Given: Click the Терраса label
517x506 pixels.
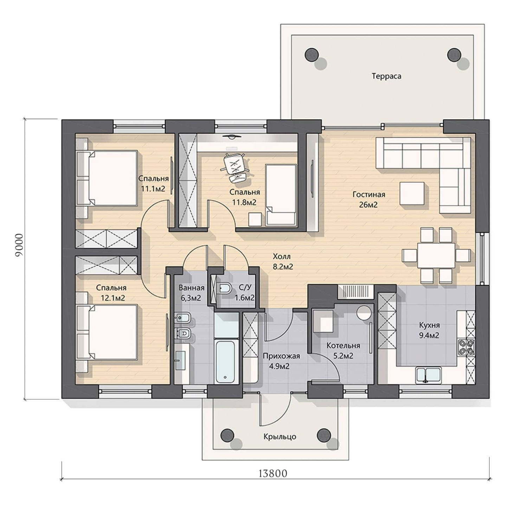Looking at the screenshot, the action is (386, 76).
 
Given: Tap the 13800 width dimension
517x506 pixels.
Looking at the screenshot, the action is (273, 474).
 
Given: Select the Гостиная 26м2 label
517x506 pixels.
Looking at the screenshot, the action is (369, 199).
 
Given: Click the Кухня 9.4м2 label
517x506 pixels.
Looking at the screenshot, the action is (429, 330).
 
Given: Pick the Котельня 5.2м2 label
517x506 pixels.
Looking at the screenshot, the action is (343, 351).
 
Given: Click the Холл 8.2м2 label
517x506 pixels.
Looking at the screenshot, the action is (283, 261).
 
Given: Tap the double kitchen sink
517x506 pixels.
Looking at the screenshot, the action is (428, 375).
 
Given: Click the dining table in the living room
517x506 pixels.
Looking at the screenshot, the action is (436, 255).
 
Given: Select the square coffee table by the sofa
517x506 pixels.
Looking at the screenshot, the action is (412, 193).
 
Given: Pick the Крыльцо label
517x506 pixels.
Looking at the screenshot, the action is (279, 436).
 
